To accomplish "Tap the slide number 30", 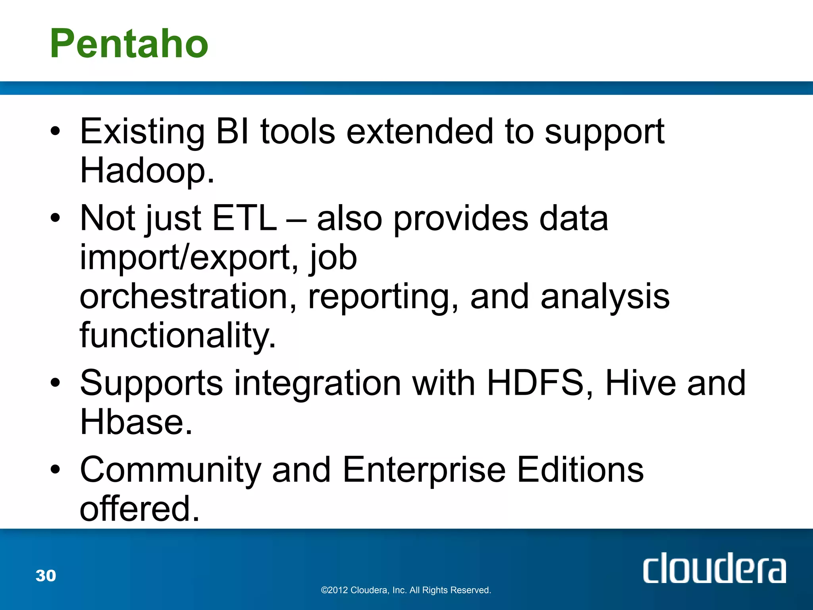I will click(46, 575).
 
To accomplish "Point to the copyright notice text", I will click(406, 590).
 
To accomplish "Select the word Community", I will click(170, 469).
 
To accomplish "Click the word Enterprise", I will click(424, 469).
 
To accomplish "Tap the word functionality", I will click(177, 336).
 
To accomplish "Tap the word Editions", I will click(580, 469).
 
